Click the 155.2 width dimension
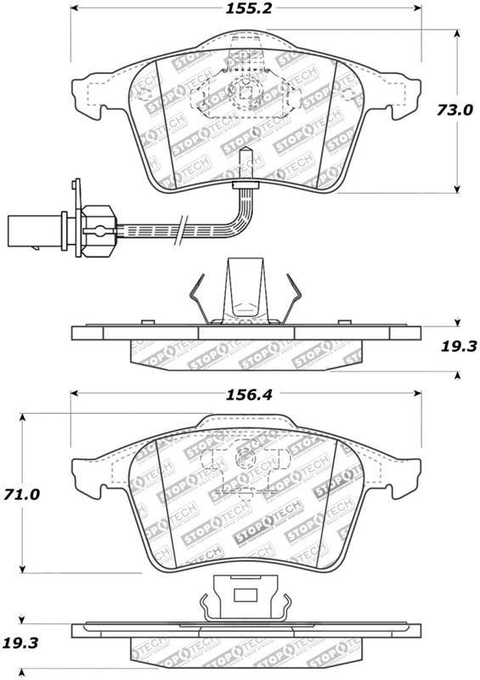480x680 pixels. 248,8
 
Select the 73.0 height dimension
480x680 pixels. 455,110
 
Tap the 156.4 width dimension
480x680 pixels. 248,394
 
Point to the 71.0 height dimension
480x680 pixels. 21,494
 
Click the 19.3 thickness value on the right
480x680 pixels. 459,346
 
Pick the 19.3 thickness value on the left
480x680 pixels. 20,643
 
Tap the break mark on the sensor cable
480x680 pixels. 181,229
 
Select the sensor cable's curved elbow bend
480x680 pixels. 240,219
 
